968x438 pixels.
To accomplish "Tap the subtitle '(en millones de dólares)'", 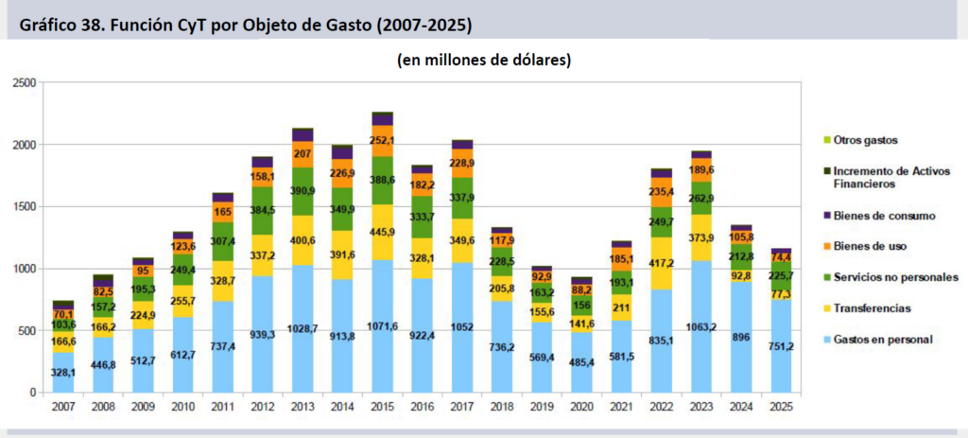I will point(483,61).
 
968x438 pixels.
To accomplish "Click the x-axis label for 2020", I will point(581,406).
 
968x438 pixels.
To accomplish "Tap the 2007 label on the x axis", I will point(63,406).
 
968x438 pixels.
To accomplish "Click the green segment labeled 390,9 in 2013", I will point(302,190).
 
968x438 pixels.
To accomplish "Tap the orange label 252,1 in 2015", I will point(382,141).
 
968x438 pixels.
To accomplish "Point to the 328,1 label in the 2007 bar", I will point(63,372).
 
